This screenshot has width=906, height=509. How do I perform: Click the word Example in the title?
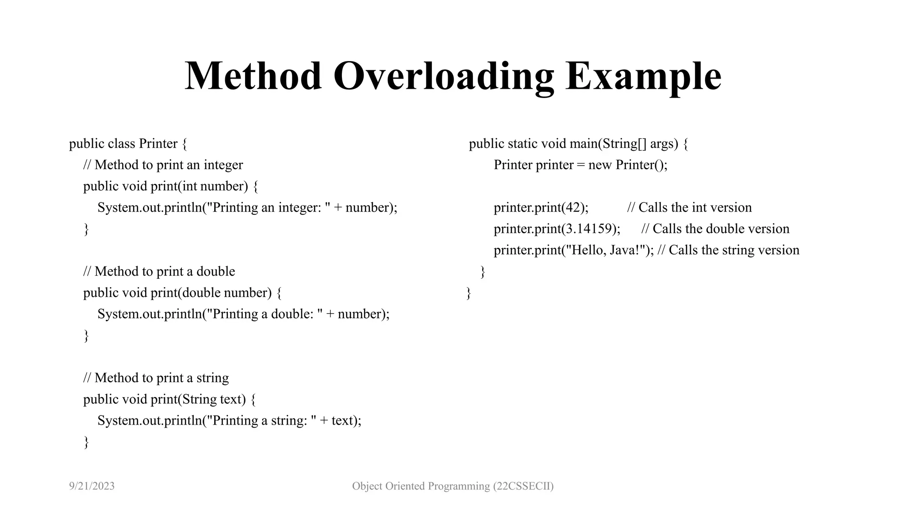click(x=643, y=76)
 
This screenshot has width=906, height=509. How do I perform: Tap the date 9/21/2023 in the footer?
click(x=92, y=486)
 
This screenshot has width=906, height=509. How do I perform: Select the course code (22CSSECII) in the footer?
click(x=523, y=486)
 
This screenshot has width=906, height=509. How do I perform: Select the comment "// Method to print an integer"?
click(x=163, y=165)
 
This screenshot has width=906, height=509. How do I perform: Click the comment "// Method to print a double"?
click(x=159, y=271)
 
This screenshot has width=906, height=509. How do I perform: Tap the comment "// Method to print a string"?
click(x=156, y=378)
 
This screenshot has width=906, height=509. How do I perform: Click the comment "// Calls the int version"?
click(x=689, y=207)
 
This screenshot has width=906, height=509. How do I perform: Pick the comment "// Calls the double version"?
click(x=715, y=228)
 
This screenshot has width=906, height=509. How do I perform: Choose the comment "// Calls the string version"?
click(x=728, y=250)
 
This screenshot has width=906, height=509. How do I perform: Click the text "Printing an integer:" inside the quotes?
click(x=267, y=207)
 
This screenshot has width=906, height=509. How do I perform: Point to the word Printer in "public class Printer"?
click(x=158, y=144)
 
